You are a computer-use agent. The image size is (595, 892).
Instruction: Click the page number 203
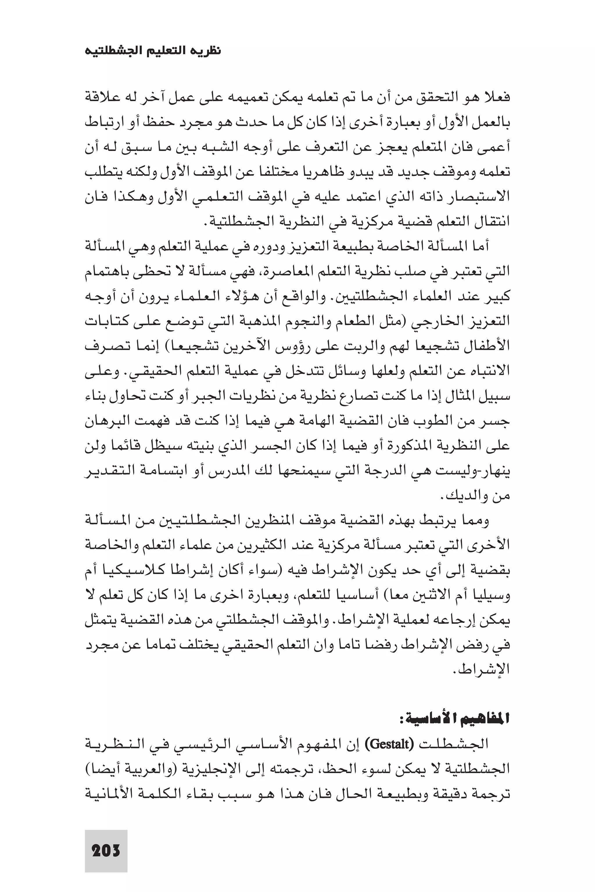(106, 851)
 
